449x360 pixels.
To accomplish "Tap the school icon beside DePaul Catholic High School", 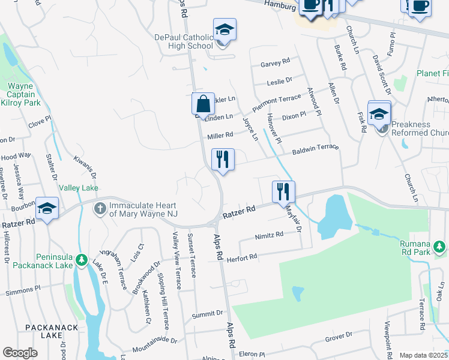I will point(224,30).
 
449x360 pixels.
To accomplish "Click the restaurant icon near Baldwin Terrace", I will point(223,160).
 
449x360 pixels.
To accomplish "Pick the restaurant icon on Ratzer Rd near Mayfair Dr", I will point(283,192).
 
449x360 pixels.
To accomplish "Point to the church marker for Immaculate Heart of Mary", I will point(100,209).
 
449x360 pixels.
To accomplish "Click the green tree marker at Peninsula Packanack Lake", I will point(82,262).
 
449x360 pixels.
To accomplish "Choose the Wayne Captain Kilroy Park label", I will point(24,94).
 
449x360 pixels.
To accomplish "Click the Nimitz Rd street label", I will point(269,235).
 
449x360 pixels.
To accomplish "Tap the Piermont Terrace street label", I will point(276,102).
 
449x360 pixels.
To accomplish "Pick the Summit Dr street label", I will point(207,313).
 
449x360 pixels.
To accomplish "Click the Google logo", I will point(20,353).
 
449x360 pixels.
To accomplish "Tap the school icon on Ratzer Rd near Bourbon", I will point(47,209).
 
